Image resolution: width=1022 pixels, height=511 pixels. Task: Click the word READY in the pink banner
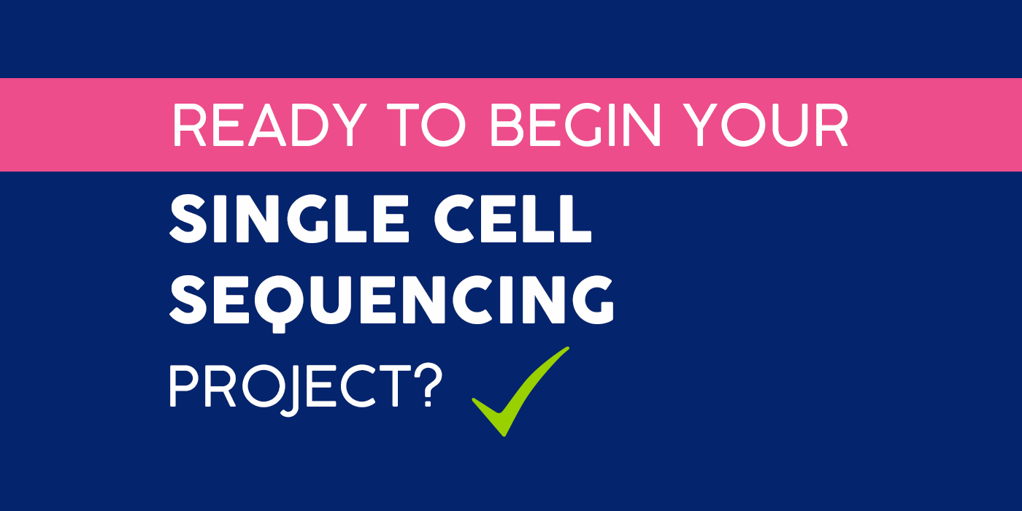click(x=269, y=125)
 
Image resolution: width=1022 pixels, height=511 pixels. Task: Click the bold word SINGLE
click(x=289, y=219)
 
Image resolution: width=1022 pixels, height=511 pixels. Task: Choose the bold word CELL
click(x=512, y=219)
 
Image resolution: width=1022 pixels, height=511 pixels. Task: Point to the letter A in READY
click(x=267, y=125)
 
